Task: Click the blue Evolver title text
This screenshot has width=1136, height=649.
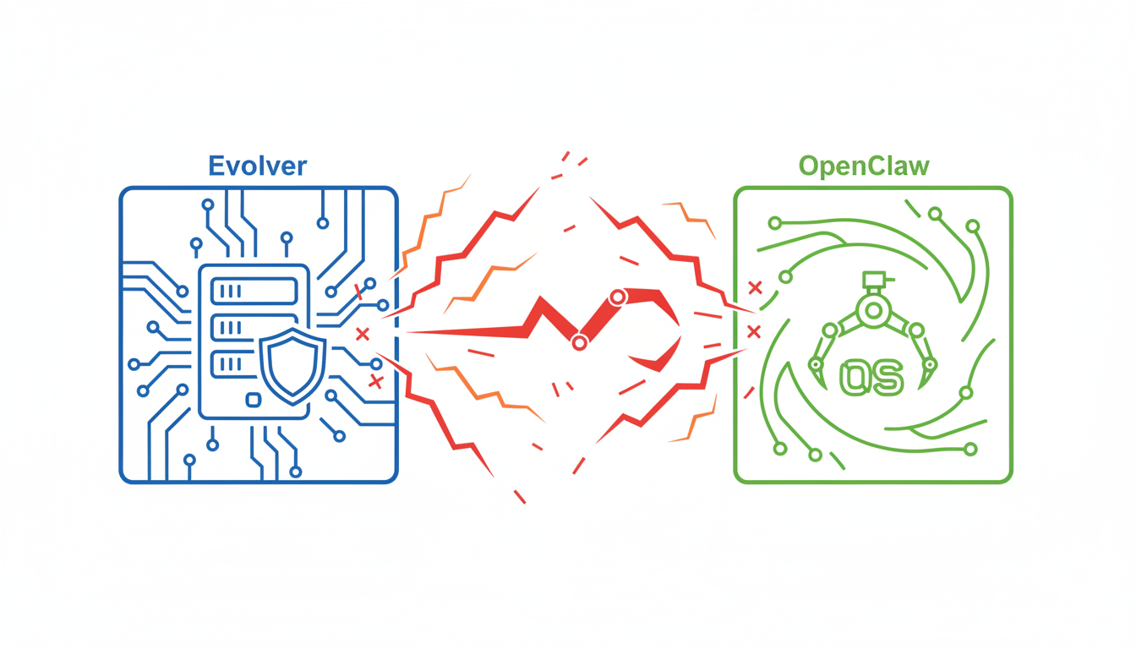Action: coord(257,165)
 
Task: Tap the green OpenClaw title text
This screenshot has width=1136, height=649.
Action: coord(864,165)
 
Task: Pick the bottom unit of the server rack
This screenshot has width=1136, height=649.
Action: coord(230,364)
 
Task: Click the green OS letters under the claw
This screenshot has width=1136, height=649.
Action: coord(871,377)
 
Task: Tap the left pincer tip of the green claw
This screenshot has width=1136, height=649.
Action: coord(816,365)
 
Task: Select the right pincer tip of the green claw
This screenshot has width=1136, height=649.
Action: coord(930,365)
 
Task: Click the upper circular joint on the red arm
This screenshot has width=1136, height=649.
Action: coord(618,297)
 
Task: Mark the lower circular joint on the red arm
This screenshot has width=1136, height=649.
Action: coord(579,343)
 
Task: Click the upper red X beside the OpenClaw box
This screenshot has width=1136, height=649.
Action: coord(755,288)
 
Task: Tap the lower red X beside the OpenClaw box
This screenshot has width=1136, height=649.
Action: coord(754,331)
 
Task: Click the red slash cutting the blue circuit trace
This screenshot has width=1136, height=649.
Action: coord(359,292)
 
